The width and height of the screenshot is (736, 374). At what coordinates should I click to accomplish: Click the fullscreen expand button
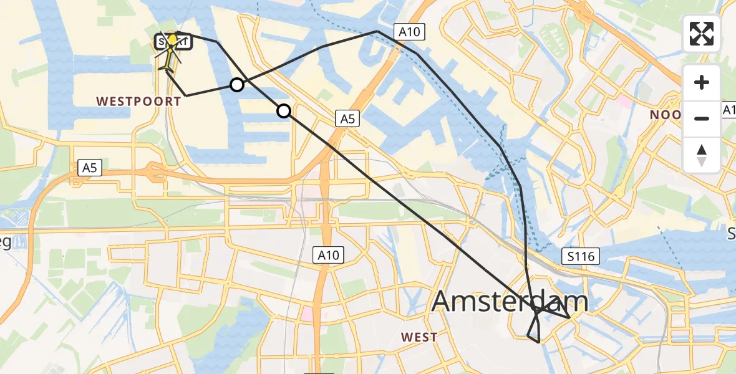[702, 33]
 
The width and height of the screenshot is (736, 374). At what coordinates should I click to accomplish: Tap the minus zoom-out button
[702, 118]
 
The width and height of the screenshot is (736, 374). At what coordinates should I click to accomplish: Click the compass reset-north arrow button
[702, 155]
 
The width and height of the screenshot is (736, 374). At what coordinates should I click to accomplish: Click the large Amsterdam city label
[509, 302]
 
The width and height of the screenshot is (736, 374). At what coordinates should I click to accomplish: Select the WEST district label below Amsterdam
[419, 337]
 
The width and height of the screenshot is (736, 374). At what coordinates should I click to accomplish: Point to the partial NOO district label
[666, 115]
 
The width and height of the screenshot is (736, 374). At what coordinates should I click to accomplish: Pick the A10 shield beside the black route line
[409, 31]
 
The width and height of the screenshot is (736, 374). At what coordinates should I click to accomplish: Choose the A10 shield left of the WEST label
[328, 254]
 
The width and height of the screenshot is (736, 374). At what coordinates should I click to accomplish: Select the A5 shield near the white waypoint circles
[347, 118]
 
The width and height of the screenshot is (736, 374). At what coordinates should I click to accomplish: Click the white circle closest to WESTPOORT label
[237, 85]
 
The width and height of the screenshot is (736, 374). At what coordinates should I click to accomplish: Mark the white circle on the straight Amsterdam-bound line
[284, 111]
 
